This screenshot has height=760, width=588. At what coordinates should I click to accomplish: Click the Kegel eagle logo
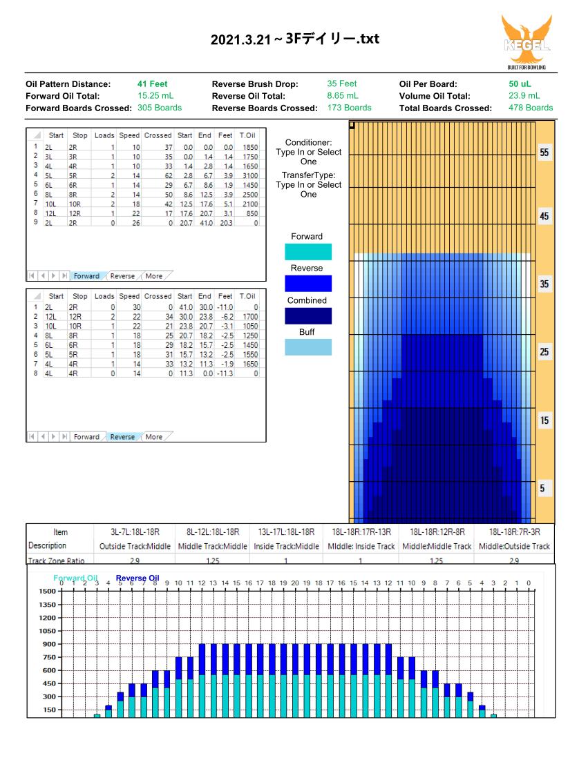[527, 42]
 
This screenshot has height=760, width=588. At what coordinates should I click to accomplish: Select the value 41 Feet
[152, 84]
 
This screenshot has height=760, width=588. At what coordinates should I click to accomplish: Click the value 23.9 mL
[524, 95]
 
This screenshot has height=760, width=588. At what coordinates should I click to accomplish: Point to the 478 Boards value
[530, 108]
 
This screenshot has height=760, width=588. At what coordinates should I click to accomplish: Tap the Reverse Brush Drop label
[255, 84]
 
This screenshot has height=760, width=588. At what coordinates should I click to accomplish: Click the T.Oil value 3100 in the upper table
[250, 175]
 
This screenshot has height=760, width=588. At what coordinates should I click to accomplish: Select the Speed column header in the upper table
[129, 135]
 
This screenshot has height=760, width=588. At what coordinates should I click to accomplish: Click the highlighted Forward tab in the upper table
[86, 276]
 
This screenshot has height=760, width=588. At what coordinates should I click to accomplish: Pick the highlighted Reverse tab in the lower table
[122, 437]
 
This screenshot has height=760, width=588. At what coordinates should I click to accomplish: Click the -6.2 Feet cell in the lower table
[226, 317]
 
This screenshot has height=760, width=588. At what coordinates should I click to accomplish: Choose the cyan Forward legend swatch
[308, 252]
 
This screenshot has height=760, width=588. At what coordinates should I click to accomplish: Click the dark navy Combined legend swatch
[308, 316]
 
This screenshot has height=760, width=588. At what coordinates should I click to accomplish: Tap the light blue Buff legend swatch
[308, 347]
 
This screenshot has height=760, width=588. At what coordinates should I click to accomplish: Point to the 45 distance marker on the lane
[544, 216]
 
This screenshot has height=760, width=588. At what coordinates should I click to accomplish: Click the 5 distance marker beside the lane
[542, 488]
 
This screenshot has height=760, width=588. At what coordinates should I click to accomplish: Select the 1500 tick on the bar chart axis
[48, 591]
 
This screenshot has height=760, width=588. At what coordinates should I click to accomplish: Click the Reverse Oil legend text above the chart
[137, 578]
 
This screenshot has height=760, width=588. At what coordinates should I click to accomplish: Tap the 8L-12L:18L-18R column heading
[213, 532]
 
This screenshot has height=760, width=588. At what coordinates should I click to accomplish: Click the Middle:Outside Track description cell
[514, 546]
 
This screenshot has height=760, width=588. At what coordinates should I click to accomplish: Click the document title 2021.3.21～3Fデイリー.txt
[295, 39]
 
